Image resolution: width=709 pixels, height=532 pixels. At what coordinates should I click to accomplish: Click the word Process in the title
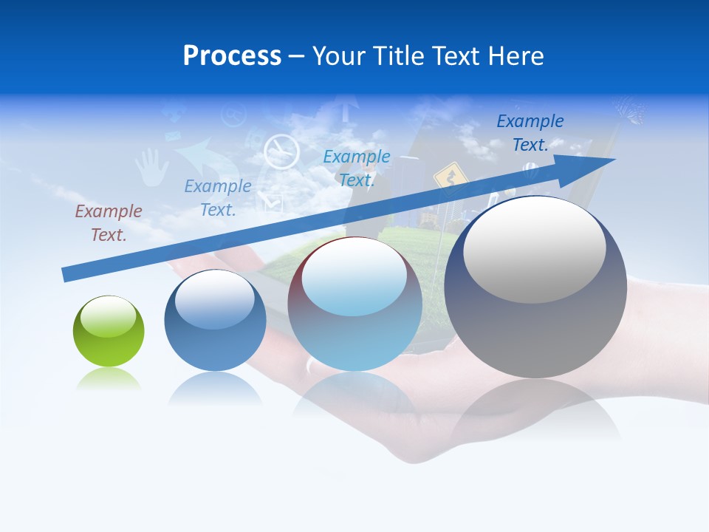[232, 56]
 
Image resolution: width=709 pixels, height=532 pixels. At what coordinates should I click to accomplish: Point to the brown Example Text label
[109, 222]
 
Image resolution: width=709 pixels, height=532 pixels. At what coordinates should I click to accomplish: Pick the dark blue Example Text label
[530, 132]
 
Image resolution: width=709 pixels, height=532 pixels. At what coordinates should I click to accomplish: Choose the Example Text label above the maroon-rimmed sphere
[357, 168]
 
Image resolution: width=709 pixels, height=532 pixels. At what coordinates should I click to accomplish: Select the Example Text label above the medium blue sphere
[218, 197]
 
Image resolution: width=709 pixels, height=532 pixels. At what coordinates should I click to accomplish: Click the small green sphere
[109, 331]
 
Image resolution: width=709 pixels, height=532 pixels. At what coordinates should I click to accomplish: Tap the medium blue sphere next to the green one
[215, 320]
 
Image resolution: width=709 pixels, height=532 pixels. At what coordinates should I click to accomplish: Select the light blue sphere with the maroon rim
[354, 304]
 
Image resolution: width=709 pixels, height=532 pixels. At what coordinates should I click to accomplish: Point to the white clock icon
[281, 151]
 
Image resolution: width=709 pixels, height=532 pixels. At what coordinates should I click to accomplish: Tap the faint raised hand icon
[151, 166]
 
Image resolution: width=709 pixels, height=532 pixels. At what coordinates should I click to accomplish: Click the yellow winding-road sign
[446, 177]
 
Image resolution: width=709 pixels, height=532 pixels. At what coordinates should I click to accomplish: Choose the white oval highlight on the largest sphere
[534, 250]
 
